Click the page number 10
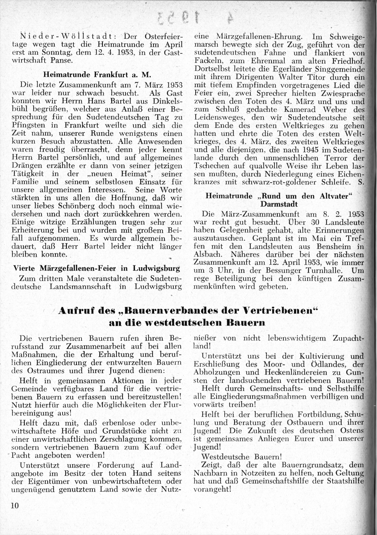tap(15, 505)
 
